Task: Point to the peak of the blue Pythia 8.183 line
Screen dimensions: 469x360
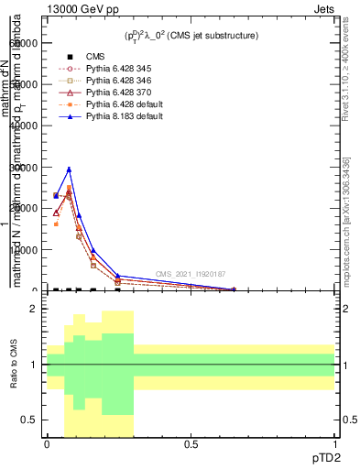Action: pos(69,169)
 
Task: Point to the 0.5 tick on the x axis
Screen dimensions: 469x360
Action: pos(191,444)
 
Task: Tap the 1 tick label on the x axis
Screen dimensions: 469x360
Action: pos(334,444)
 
